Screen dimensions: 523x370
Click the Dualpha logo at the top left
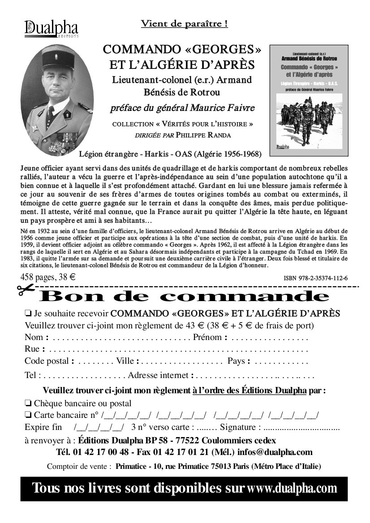pos(51,29)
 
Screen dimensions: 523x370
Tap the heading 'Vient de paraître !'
pos(184,24)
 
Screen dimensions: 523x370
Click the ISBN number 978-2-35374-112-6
pos(315,278)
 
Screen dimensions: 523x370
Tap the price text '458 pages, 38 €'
pos(47,277)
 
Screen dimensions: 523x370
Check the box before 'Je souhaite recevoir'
pos(28,313)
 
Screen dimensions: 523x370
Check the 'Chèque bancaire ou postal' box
pos(28,403)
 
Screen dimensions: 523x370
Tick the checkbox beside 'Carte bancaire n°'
pos(28,414)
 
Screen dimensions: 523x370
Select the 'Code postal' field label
pos(47,361)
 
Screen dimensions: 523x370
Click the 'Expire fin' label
pos(43,426)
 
